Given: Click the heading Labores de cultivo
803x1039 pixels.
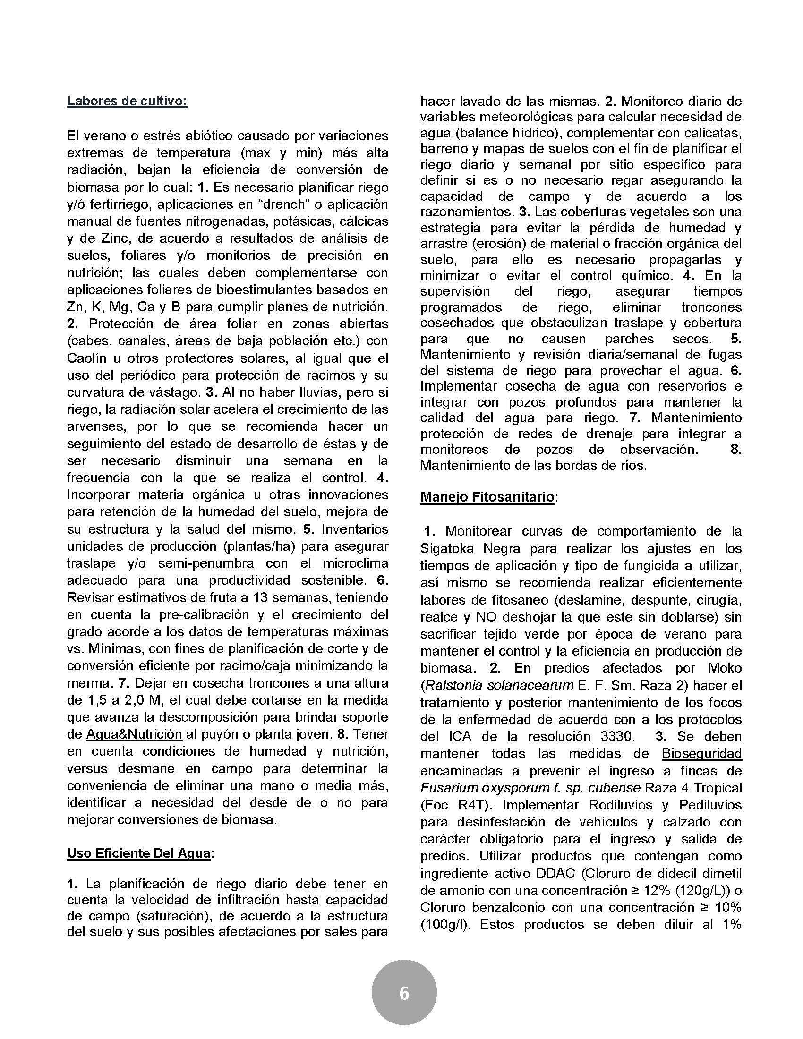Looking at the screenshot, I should (127, 102).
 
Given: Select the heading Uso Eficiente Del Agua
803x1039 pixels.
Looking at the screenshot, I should (138, 853).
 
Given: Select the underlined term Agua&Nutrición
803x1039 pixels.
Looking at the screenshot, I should (134, 734).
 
